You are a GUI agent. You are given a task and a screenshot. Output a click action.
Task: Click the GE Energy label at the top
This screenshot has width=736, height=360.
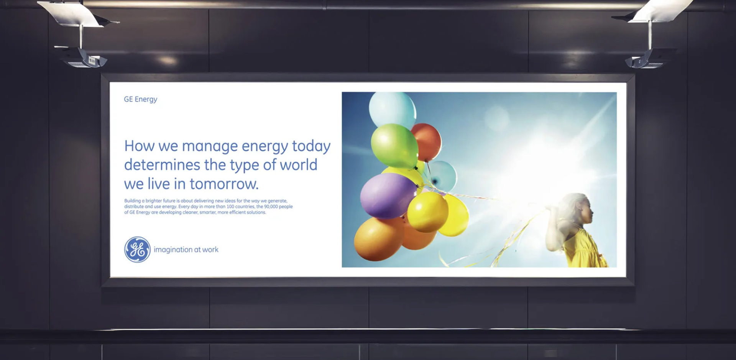[x=140, y=99]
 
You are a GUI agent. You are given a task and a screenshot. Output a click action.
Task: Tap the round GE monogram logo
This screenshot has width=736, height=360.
[x=137, y=250]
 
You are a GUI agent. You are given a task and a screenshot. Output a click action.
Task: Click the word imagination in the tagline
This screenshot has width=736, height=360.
[x=173, y=250]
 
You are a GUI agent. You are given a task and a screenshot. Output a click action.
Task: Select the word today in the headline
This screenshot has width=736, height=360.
[x=311, y=146]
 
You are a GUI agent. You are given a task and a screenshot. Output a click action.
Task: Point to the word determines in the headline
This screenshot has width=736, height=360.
[x=162, y=165]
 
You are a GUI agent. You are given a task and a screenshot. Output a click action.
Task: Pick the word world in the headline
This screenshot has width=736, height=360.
[x=299, y=165]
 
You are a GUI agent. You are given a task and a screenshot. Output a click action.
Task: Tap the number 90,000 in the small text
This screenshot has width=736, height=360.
[x=271, y=207]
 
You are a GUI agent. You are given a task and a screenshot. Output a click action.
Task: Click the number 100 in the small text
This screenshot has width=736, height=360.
[x=230, y=207]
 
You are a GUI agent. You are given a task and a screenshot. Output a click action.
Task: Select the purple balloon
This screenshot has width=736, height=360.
[x=388, y=196]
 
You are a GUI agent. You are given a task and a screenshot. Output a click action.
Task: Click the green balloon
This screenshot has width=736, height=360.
[x=394, y=146]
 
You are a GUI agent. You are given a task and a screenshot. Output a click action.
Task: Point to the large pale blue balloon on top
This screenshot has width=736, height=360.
[x=393, y=109]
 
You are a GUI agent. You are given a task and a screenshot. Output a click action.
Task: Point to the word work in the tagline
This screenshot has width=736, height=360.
[x=210, y=250]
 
